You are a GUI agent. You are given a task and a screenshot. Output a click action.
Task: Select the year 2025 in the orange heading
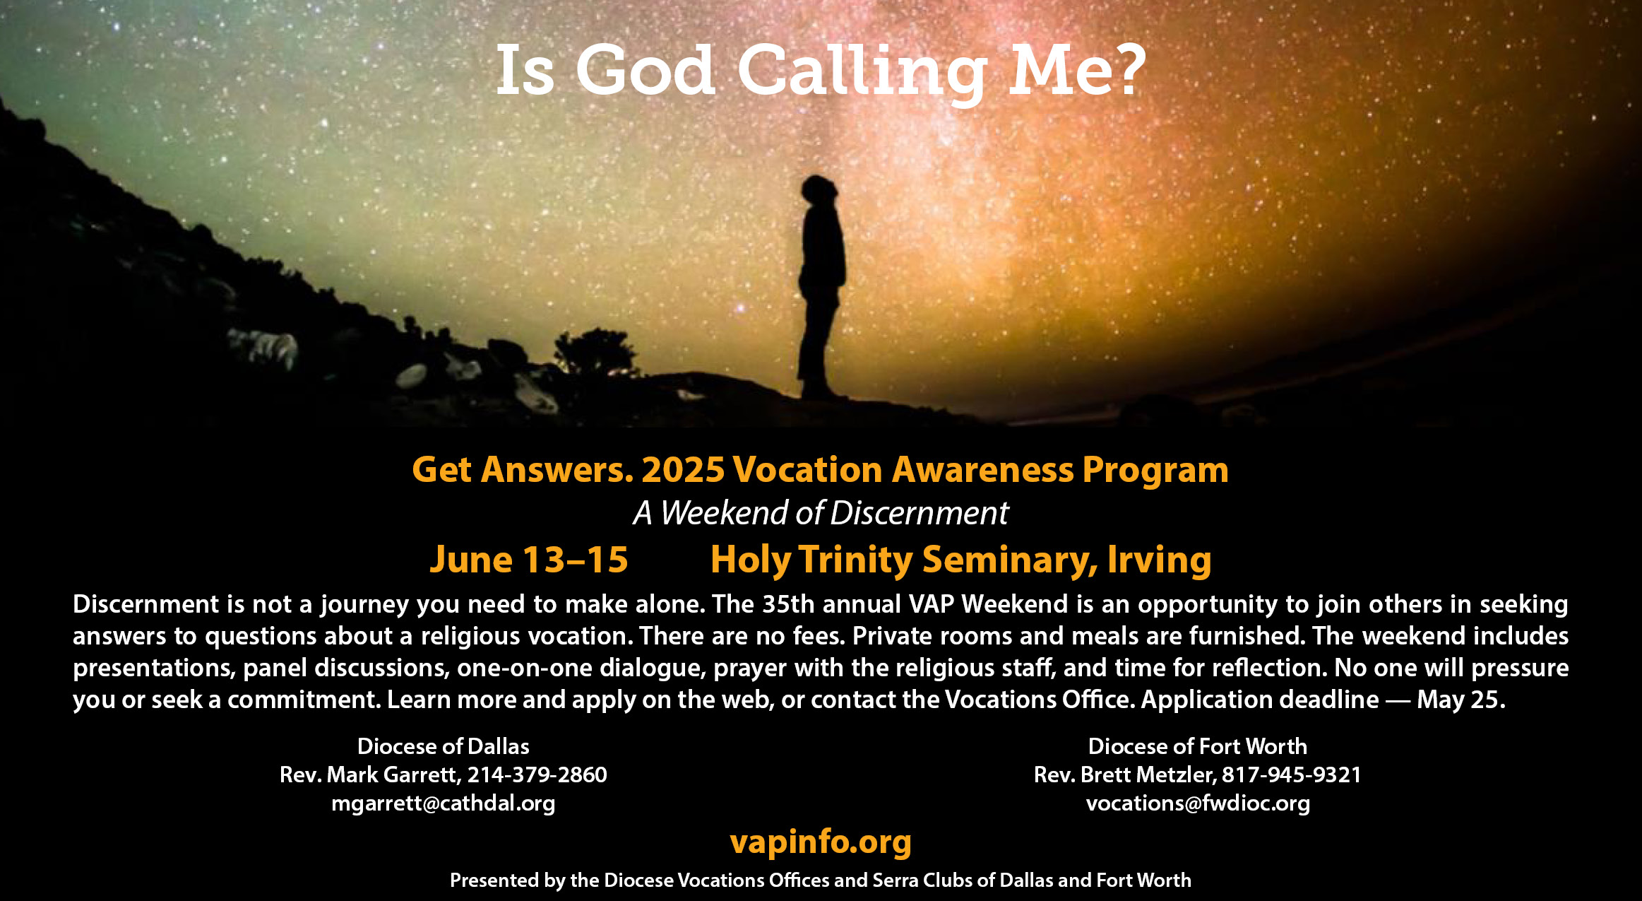point(683,470)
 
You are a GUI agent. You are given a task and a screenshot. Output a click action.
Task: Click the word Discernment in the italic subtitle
point(920,513)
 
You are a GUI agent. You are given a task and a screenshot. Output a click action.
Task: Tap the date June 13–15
point(528,560)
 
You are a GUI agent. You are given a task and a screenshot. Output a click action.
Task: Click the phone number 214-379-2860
point(537,775)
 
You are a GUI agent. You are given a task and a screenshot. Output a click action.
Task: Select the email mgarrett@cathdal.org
point(444,803)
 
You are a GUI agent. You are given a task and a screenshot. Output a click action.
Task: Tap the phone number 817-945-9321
point(1292,775)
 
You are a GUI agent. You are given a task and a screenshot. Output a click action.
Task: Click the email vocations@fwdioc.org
point(1198,803)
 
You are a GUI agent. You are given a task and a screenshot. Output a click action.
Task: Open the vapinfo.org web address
point(821,842)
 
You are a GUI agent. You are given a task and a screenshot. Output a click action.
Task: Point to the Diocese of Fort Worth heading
point(1198,746)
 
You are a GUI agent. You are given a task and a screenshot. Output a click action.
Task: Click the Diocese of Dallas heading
point(444,746)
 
